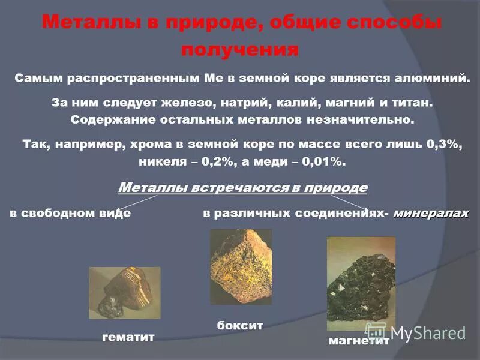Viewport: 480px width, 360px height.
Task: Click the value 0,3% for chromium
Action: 442,145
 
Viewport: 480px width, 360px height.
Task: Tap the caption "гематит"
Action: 128,337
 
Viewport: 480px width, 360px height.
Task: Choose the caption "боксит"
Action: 239,325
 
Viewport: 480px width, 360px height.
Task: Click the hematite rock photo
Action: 124,292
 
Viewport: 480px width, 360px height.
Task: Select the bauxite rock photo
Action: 241,266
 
